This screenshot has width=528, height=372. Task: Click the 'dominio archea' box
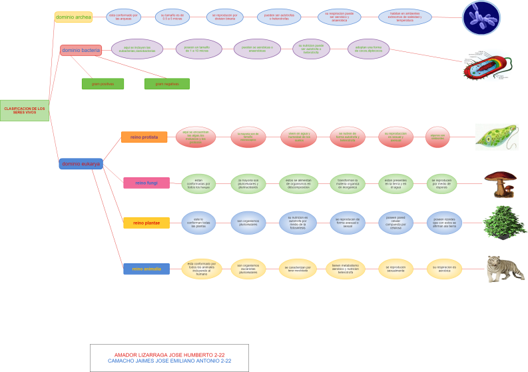73,17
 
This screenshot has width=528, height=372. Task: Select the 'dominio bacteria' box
81,50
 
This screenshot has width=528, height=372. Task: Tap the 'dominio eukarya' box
81,163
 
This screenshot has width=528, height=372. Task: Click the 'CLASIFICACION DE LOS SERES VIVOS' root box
25,110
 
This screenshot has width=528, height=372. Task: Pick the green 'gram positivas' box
103,84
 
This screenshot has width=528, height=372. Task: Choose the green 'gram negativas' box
166,84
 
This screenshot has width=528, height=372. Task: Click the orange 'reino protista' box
144,137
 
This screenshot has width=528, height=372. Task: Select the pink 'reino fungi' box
146,183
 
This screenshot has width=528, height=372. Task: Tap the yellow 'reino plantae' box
146,223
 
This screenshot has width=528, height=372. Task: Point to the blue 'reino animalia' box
146,269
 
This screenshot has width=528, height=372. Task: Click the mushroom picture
501,184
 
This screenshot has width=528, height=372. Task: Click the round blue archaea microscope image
481,18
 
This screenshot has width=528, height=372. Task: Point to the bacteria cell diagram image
488,65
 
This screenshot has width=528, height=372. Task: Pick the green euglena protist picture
496,137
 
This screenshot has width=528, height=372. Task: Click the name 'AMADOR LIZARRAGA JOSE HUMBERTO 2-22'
169,355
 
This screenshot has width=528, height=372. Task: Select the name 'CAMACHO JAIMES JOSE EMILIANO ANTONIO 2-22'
169,361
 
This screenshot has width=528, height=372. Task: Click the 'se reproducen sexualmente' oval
396,269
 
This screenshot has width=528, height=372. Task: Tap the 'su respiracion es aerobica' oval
445,269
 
